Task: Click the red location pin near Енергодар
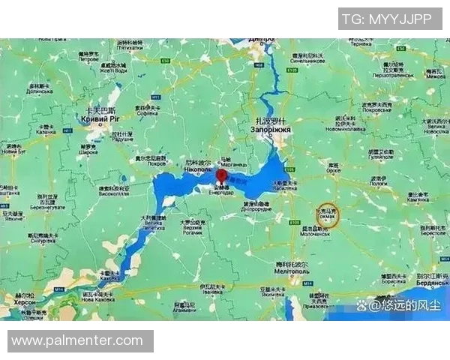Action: pos(222,177)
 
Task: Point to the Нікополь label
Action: pos(196,171)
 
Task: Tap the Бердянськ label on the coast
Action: pos(433,284)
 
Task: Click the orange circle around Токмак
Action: pos(328,216)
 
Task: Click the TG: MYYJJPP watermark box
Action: pos(389,19)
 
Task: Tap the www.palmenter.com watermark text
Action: pos(76,341)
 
